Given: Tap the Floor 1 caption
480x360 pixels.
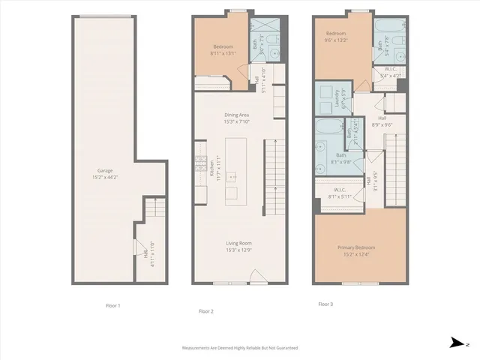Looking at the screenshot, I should [112, 305].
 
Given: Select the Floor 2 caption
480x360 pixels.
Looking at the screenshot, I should [206, 310].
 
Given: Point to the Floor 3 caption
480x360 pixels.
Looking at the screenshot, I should [325, 304].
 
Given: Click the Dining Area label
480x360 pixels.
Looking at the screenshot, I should [238, 115].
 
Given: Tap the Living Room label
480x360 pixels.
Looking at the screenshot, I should [238, 243].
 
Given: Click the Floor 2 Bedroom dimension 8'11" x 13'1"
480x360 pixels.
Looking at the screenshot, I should [222, 52].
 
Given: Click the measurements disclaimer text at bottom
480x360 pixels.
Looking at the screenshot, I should [240, 348].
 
